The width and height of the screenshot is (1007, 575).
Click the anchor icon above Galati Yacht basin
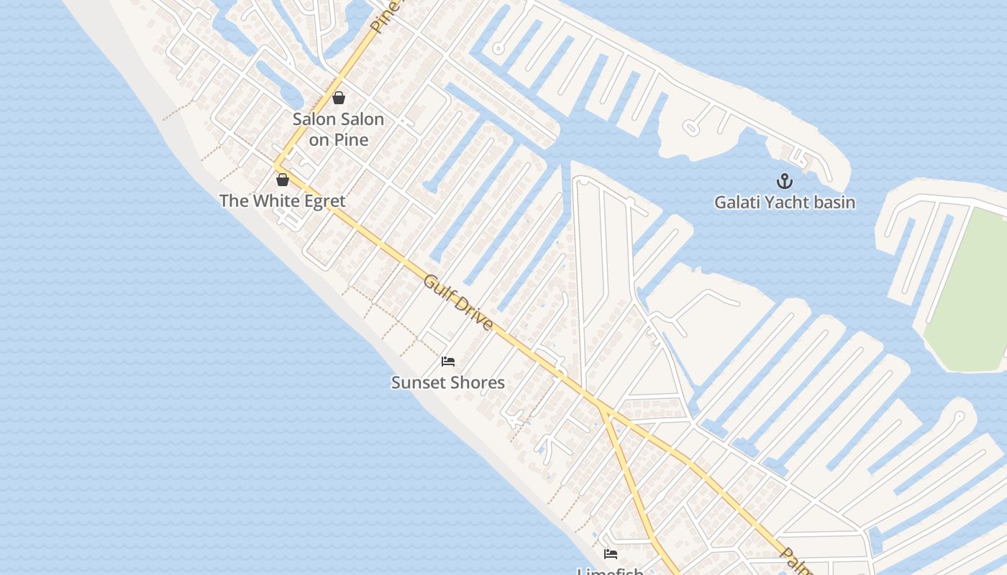784,180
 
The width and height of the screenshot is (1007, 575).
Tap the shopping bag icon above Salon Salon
339,97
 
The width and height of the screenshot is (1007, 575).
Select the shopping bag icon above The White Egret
283,179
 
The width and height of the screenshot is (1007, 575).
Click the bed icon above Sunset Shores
448,361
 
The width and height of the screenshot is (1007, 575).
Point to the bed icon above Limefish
611,553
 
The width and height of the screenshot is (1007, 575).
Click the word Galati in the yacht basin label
737,203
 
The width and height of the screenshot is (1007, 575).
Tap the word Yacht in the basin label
788,203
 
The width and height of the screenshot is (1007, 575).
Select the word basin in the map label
834,203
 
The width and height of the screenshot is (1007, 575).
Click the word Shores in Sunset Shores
478,383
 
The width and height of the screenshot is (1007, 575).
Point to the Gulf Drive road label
458,303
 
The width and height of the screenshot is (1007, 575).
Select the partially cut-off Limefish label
610,571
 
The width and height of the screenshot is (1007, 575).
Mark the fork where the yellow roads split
601,407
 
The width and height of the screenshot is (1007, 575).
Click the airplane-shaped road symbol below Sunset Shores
514,419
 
